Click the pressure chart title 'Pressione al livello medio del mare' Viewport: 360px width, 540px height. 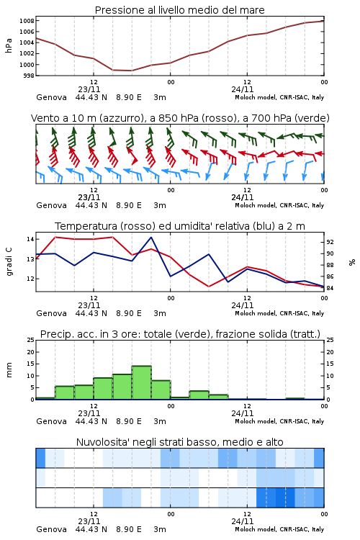pos(179,10)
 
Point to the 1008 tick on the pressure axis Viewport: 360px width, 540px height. pos(27,21)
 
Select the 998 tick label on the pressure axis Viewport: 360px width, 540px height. pos(28,76)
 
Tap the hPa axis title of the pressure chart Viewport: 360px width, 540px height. pos(9,45)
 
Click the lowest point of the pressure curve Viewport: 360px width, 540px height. pos(132,71)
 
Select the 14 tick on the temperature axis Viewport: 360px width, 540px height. pos(30,239)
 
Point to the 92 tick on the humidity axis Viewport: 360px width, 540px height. pos(330,242)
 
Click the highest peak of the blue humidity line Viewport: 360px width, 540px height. pos(151,238)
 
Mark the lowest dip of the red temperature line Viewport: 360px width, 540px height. pos(209,286)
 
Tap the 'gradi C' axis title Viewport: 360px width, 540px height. pos(9,261)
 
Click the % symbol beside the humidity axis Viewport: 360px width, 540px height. pos(352,262)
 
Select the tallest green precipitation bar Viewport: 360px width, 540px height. pos(142,382)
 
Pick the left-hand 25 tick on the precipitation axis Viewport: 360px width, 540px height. pos(30,340)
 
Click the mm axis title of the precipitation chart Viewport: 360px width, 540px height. pos(9,369)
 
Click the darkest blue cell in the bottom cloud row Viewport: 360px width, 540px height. pos(285,498)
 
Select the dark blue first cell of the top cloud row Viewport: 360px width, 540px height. pos(40,458)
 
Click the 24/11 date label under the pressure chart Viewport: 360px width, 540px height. pos(243,89)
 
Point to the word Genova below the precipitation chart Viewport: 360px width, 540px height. pos(51,421)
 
